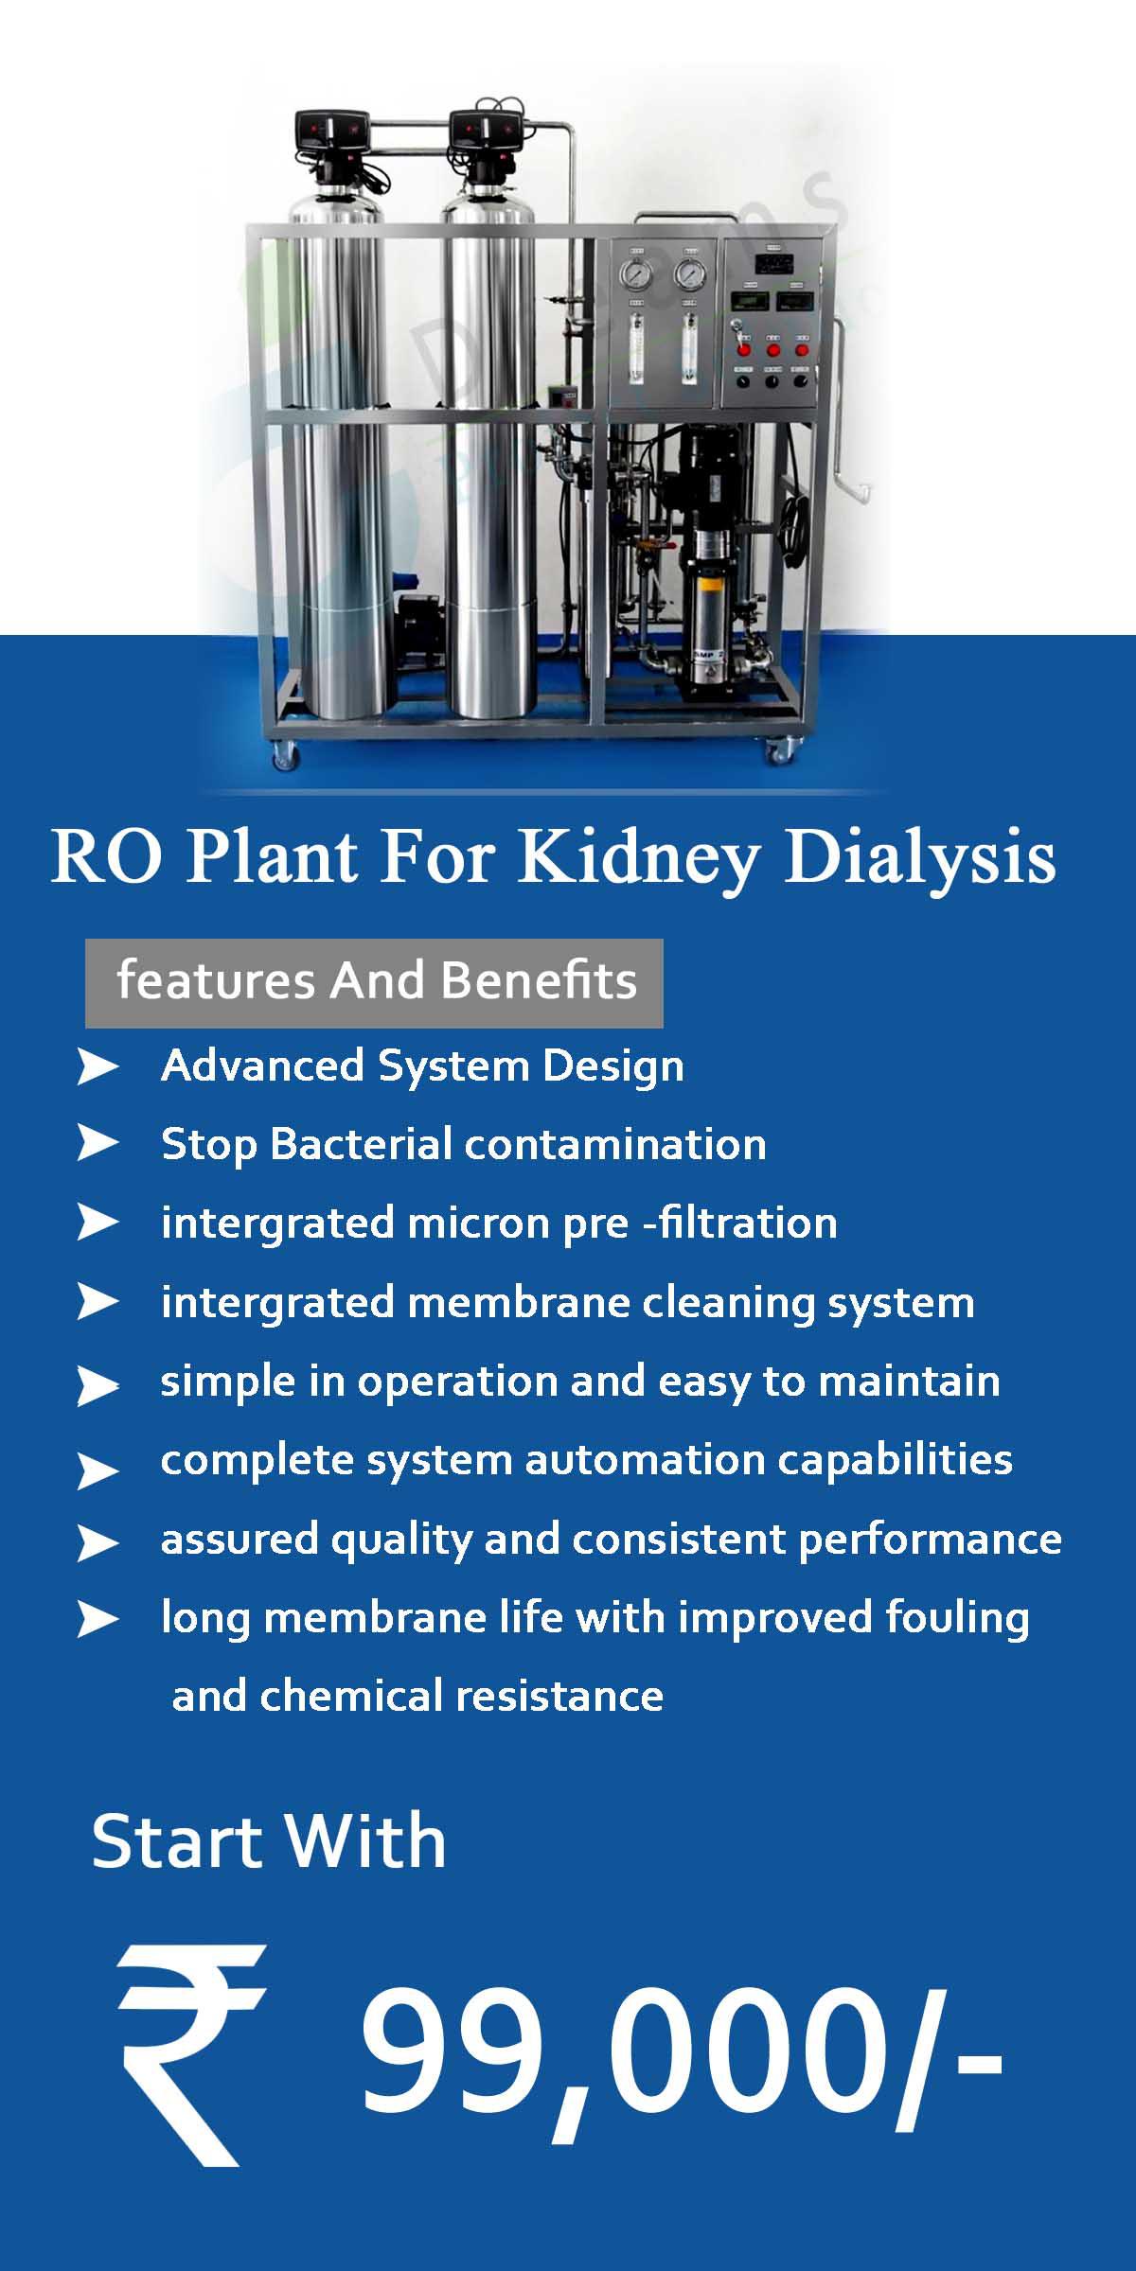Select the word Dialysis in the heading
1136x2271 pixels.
919,857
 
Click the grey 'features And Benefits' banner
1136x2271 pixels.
374,983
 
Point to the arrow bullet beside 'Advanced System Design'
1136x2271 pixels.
97,1067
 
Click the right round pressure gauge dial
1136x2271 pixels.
689,274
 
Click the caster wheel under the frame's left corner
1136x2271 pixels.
285,754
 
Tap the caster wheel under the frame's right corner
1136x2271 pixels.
780,752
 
